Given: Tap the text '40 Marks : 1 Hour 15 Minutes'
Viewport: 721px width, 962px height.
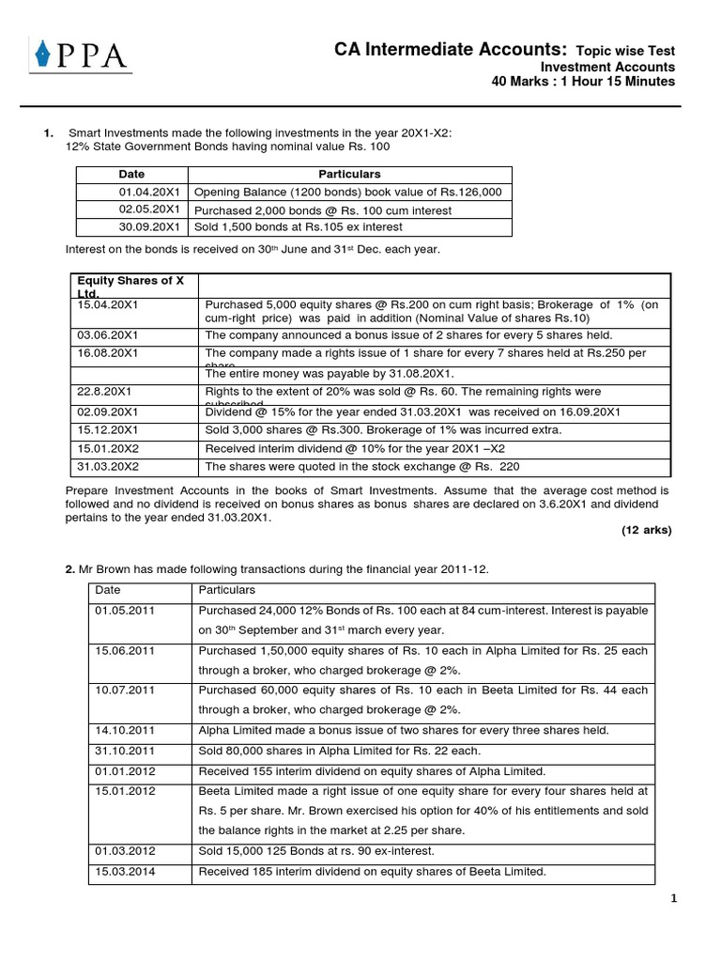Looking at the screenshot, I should tap(583, 82).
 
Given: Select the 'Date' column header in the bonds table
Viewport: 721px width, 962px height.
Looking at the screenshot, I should tap(131, 175).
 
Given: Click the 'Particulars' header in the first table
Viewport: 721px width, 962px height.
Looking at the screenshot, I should tap(349, 175).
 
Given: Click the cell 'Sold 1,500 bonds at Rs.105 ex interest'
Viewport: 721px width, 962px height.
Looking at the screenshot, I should tap(299, 227).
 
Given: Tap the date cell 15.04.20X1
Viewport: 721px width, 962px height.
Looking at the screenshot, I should tap(105, 305).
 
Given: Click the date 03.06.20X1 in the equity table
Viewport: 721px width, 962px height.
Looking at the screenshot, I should tap(105, 335).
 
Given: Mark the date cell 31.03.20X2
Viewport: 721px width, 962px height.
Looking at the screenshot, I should tap(105, 467).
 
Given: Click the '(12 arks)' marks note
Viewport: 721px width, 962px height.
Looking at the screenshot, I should tap(646, 530).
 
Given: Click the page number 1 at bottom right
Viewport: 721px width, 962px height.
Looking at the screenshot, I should tap(673, 899).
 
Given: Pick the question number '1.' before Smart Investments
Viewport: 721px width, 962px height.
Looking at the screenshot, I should tap(49, 133).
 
